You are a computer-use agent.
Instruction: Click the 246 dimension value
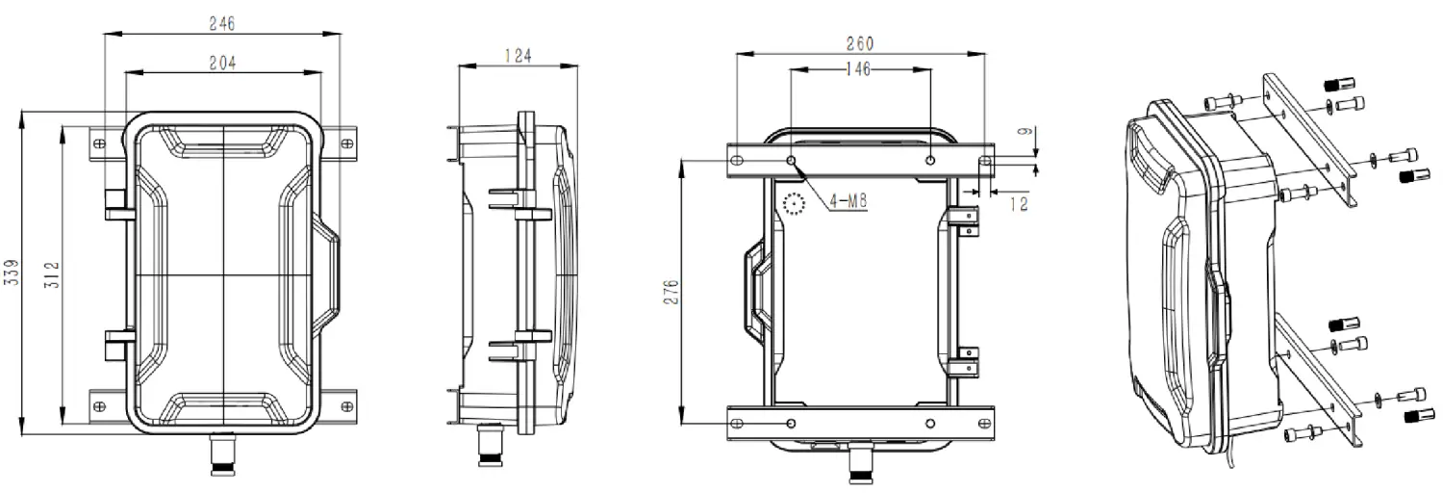coord(221,22)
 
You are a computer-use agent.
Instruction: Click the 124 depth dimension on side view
coord(519,56)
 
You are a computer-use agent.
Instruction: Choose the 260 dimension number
coord(859,43)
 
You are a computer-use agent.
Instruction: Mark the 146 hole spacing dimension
coord(859,68)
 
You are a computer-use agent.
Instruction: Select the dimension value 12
coord(1019,204)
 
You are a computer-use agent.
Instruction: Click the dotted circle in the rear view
coord(794,204)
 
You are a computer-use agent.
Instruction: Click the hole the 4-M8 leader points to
coord(791,160)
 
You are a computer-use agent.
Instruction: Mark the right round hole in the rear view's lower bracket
coord(929,423)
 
